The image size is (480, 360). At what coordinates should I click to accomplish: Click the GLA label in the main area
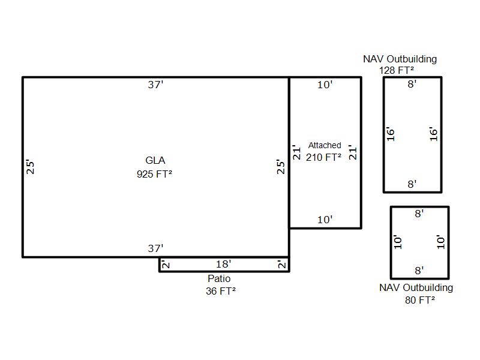coord(155,160)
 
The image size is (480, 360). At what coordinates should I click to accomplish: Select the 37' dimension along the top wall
coord(155,85)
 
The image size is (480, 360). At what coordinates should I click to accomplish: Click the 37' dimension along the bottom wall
coord(155,248)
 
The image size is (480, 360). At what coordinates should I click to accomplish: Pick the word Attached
coord(325,145)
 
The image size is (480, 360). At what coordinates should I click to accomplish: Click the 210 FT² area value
coord(324,157)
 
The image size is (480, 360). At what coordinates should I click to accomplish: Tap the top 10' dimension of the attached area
coord(325,85)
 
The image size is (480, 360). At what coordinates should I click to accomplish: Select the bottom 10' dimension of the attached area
coord(325,220)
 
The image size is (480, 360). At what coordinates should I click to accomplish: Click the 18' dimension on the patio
coord(223,264)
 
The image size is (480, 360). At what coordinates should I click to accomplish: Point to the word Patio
coord(219,278)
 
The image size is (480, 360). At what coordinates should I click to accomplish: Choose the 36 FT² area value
coord(220,291)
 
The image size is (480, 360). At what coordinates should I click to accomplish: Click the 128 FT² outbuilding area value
coord(397,70)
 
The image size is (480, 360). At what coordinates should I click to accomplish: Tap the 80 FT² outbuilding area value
coord(420,300)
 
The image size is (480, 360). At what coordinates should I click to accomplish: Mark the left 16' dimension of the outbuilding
coord(391,134)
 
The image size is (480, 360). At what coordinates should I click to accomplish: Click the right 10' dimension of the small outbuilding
coord(442,242)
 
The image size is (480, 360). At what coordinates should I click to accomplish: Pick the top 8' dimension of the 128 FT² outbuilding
coord(412,85)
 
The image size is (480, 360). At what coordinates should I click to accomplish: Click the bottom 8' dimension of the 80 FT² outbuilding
coord(419,271)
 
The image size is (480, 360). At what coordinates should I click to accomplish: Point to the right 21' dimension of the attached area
coord(353,152)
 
